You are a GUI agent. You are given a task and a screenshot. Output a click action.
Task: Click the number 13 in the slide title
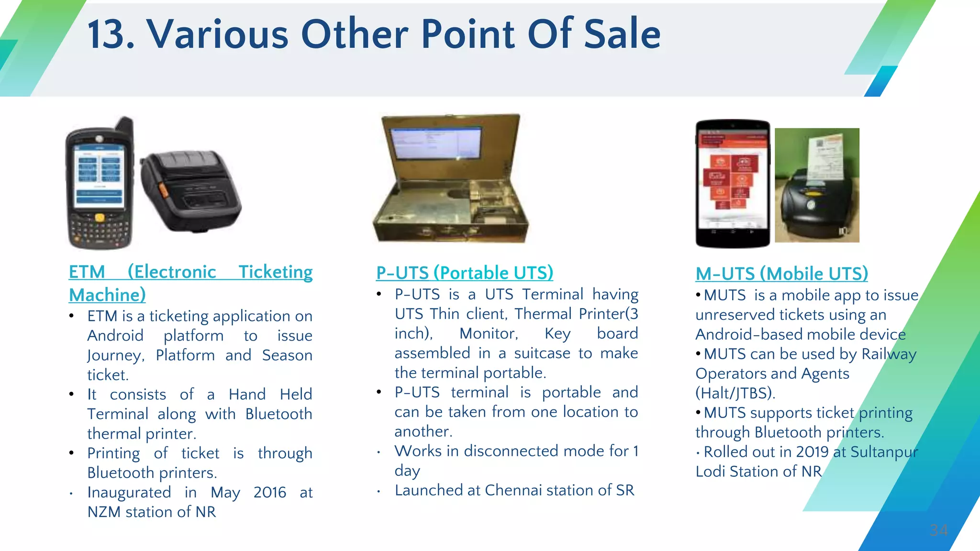point(111,34)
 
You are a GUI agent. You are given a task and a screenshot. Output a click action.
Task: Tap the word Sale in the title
point(622,34)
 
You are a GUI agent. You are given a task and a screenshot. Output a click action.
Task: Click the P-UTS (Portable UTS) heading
point(465,273)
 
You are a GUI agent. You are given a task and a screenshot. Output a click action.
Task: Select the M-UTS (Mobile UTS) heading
point(781,274)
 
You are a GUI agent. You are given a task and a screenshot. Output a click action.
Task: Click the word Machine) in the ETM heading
point(107,295)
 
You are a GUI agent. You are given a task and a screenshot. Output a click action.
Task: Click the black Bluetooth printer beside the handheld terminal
point(191,191)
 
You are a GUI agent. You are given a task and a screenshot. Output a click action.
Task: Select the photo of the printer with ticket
point(817,185)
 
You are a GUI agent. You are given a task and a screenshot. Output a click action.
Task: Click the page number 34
point(938,530)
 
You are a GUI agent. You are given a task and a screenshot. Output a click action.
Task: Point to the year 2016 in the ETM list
point(270,492)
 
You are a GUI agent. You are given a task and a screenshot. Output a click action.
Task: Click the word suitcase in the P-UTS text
point(542,353)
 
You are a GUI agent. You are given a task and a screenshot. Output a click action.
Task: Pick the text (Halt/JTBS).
point(735,393)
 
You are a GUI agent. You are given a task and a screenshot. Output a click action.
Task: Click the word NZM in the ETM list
point(104,512)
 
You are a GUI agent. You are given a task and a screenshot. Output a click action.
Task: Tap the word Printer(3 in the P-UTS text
point(608,314)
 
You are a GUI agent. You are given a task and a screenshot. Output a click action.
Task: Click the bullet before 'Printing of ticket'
point(71,453)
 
